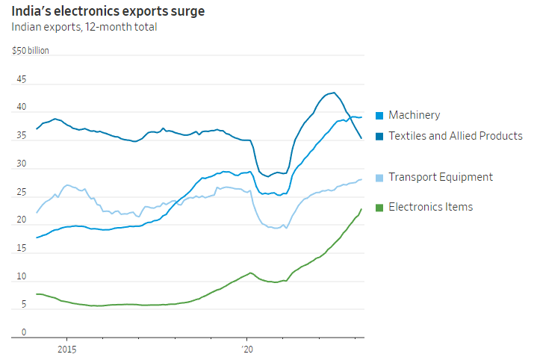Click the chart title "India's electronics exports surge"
tap(108, 11)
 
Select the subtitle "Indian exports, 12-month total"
tap(84, 28)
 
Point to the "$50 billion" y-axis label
tap(31, 51)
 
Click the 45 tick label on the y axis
tap(21, 79)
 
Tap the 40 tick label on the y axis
tap(21, 108)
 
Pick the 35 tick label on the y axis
tap(21, 136)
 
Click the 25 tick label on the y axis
tap(21, 193)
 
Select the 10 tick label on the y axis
tap(21, 277)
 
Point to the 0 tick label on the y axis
tap(23, 333)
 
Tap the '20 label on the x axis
tap(248, 349)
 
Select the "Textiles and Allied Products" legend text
tap(455, 136)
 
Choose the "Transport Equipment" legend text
tap(441, 177)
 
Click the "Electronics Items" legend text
tap(431, 207)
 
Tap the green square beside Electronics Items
tap(380, 207)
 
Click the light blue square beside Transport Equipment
tap(380, 178)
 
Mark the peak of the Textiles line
tap(333, 93)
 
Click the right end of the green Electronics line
tap(362, 209)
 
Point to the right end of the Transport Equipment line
tap(362, 179)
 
